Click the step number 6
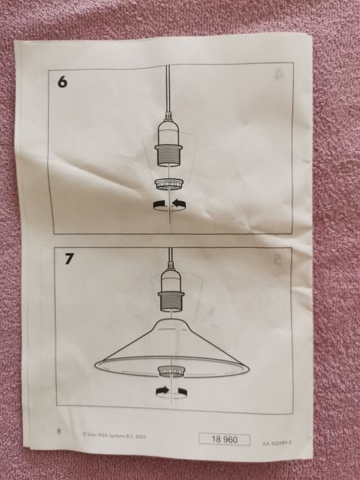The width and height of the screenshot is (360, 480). point(63,81)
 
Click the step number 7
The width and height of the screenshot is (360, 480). point(69,259)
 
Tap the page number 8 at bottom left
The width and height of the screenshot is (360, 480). point(58,431)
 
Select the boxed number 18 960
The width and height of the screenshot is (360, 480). point(224,440)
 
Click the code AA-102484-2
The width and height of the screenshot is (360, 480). point(276,443)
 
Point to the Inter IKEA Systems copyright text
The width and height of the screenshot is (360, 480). point(114,435)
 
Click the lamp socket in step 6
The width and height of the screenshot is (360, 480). point(169,143)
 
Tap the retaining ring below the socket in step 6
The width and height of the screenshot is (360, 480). point(170,184)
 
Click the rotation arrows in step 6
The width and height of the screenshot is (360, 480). point(170,205)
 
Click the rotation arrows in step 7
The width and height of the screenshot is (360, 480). point(171,392)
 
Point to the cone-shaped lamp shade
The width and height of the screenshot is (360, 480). point(171,349)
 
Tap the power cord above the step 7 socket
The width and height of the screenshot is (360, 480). point(171,258)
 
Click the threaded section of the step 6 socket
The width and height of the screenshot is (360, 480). point(169,157)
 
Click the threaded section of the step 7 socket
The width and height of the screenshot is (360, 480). point(171,303)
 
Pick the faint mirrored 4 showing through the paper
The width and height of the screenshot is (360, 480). point(277,74)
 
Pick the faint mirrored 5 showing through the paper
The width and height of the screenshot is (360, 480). point(278,259)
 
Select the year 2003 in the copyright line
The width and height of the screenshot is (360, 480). point(141,436)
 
